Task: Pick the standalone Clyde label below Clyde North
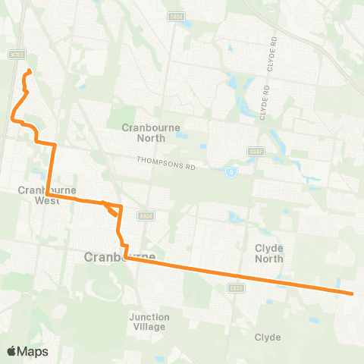pos(268,337)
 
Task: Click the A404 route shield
pos(146,216)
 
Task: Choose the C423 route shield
pos(234,287)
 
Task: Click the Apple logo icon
pos(12,351)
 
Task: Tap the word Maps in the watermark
pos(33,351)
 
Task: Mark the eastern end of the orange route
pos(353,293)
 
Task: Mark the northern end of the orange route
pos(29,71)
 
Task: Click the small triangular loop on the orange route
pos(114,209)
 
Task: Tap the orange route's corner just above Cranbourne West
pos(55,143)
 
